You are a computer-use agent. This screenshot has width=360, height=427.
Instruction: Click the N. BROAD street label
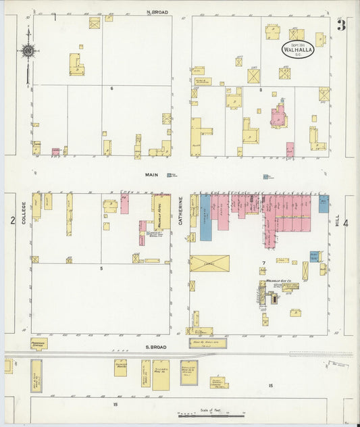point(157,12)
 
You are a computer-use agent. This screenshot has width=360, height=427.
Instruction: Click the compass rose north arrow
point(28,51)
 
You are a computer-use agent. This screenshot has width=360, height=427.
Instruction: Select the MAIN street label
point(151,174)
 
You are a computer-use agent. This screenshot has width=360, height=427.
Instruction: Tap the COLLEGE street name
point(22,212)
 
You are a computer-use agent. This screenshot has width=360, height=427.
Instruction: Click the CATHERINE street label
point(181,211)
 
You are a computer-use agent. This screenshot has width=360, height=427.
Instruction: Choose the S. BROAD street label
point(157,347)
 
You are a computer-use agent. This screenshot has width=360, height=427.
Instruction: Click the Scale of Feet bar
point(211,414)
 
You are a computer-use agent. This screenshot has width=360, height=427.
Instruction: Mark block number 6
point(111,89)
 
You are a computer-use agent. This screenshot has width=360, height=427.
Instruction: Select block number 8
point(260,89)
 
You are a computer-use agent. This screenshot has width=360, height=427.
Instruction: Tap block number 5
point(101,268)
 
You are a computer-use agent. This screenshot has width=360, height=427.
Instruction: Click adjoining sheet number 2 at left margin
point(11,220)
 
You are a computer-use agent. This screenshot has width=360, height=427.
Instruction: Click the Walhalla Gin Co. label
point(278,280)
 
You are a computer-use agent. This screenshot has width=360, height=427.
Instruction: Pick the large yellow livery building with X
point(209,263)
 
